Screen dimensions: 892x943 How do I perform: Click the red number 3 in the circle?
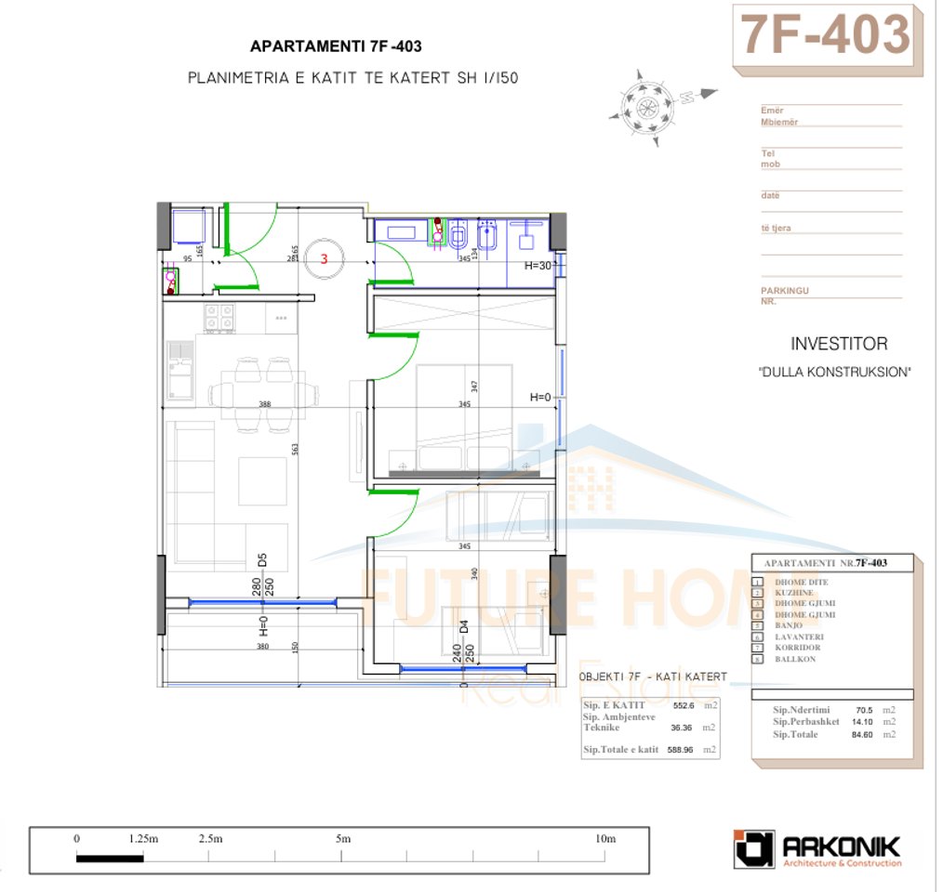(324, 259)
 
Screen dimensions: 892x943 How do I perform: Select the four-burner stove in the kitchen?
(219, 319)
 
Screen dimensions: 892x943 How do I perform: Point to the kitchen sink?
(180, 371)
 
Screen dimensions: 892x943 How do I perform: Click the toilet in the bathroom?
(457, 237)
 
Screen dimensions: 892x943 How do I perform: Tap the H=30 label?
(538, 265)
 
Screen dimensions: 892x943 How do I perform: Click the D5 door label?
(263, 560)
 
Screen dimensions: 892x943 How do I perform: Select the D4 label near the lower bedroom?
(457, 626)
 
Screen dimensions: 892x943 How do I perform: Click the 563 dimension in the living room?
(295, 448)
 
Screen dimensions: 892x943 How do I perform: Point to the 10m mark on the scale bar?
(605, 838)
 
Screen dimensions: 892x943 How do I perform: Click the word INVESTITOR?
(838, 344)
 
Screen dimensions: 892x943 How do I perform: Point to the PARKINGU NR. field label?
(784, 295)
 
